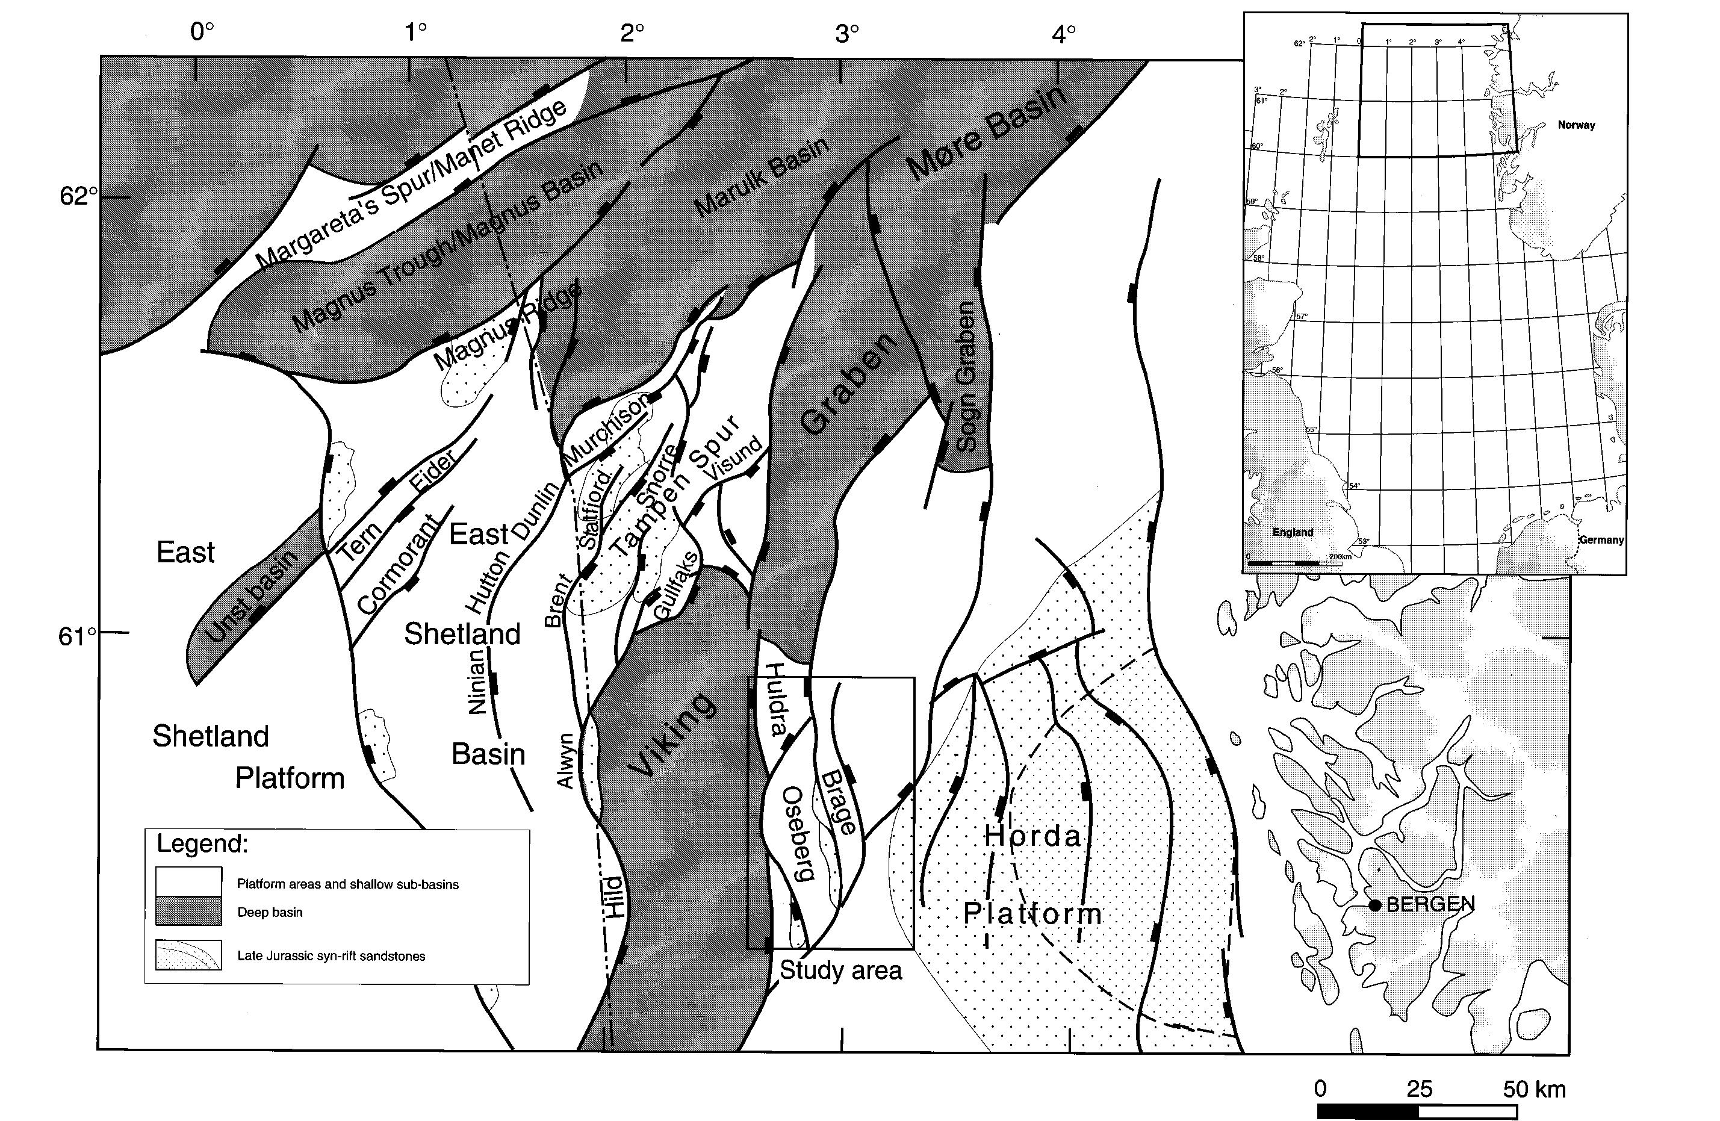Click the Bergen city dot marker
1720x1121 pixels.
click(1374, 905)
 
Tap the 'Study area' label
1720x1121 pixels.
click(840, 970)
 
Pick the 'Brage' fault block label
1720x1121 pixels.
click(838, 803)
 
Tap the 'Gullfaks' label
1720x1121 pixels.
click(677, 585)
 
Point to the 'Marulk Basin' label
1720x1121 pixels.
click(761, 178)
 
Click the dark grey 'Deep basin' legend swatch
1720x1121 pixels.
click(188, 912)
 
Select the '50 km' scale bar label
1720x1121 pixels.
click(1534, 1090)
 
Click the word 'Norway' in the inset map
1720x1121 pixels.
click(1576, 125)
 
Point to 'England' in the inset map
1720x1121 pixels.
click(1292, 532)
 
